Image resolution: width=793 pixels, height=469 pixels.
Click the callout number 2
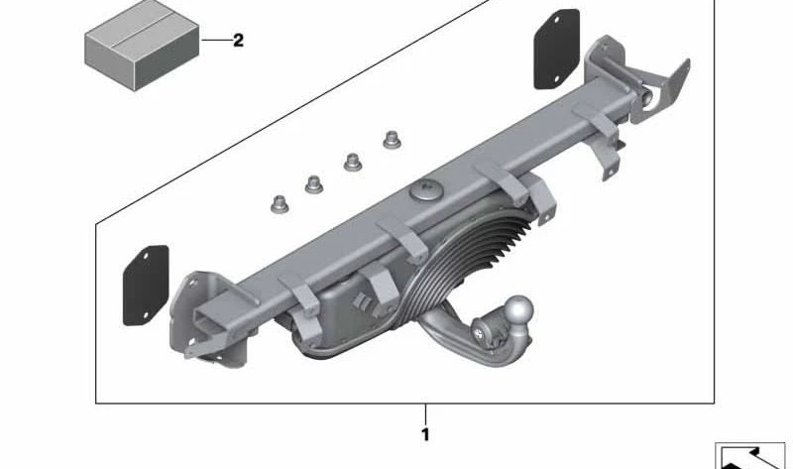(238, 40)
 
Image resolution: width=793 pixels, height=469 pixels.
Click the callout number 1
(426, 434)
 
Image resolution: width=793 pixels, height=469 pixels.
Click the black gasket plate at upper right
(557, 49)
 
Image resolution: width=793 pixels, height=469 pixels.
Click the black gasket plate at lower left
(146, 286)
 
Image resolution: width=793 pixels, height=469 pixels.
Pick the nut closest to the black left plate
(280, 204)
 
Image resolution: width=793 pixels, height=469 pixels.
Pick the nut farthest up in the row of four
(392, 140)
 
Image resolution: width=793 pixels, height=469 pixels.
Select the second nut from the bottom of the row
(314, 184)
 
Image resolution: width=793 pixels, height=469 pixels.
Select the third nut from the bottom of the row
(353, 162)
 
